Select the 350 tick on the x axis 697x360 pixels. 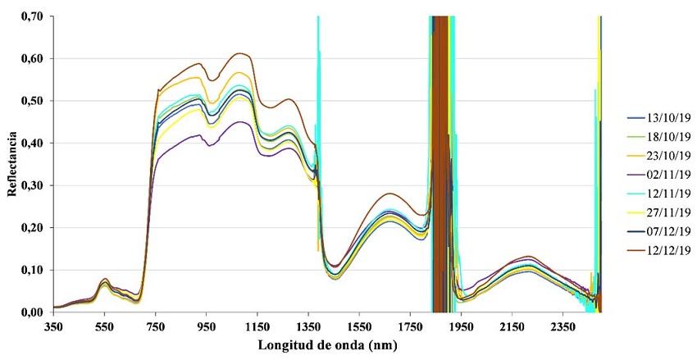53,326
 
